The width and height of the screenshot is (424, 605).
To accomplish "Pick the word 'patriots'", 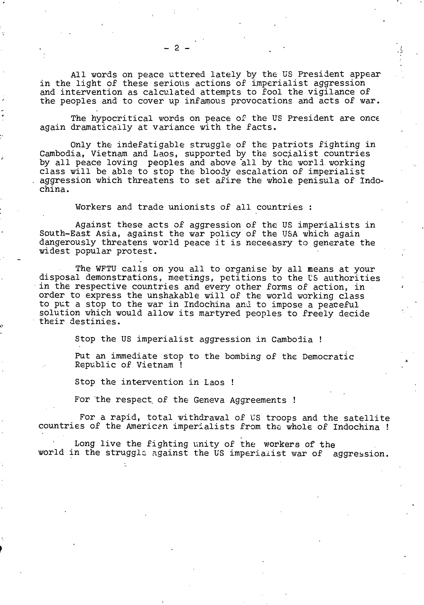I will tap(292, 145).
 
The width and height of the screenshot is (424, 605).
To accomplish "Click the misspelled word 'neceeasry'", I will tap(269, 243).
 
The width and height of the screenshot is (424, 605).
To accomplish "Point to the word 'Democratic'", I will tap(328, 357).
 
